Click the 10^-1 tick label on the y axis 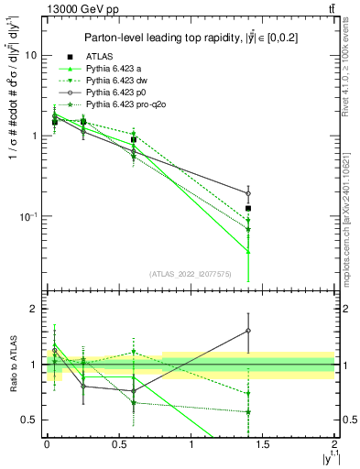(x=30, y=216)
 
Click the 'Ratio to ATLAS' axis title (x=12, y=365)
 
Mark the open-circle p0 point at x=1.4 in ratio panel (x=248, y=331)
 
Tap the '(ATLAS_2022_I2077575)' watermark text (x=190, y=274)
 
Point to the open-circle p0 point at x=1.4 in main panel (x=248, y=193)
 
